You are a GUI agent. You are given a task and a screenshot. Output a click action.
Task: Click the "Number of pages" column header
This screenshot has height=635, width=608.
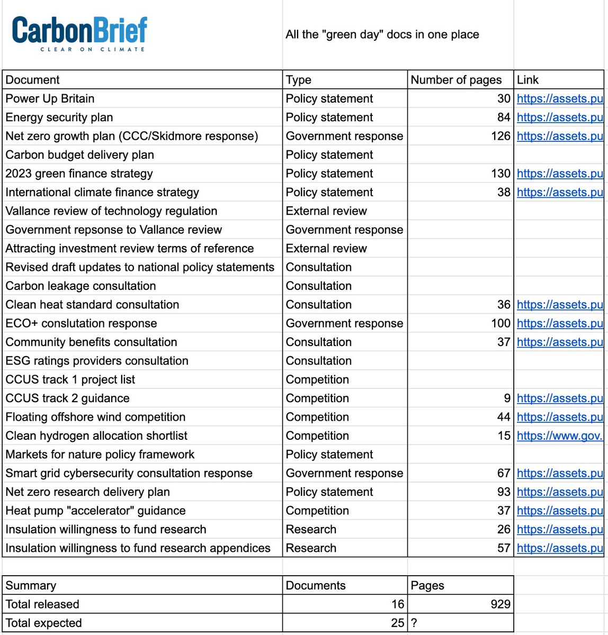pyautogui.click(x=456, y=80)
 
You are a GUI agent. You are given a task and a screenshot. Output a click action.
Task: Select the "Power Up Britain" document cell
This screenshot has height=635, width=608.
pyautogui.click(x=50, y=98)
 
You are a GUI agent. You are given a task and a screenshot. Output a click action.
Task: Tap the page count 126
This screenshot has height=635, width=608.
pyautogui.click(x=500, y=136)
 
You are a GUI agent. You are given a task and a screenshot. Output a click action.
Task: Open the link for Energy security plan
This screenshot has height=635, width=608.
pyautogui.click(x=559, y=117)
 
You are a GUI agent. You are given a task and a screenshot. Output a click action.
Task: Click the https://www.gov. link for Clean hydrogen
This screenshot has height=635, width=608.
pyautogui.click(x=559, y=436)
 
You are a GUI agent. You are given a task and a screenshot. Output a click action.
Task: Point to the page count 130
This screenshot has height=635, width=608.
pyautogui.click(x=500, y=174)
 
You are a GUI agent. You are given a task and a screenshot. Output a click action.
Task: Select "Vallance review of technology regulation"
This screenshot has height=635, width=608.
pyautogui.click(x=111, y=211)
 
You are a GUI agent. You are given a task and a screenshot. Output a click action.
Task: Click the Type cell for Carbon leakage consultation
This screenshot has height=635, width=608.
pyautogui.click(x=319, y=286)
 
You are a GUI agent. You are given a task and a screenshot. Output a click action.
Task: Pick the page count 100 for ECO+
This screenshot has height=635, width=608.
pyautogui.click(x=500, y=323)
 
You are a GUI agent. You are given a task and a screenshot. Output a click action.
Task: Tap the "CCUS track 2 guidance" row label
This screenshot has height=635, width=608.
pyautogui.click(x=67, y=398)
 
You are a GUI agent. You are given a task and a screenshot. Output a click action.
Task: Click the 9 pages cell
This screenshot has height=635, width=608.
pyautogui.click(x=507, y=398)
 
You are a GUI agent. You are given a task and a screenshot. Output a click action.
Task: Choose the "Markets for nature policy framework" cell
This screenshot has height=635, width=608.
pyautogui.click(x=100, y=455)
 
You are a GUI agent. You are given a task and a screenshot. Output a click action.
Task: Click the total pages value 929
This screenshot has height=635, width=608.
pyautogui.click(x=500, y=604)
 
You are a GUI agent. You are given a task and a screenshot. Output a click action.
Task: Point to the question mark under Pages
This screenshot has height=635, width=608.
pyautogui.click(x=414, y=623)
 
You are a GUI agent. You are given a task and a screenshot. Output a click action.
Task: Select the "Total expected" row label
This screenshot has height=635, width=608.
pyautogui.click(x=43, y=623)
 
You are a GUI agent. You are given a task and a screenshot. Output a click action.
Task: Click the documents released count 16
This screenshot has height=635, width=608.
pyautogui.click(x=398, y=604)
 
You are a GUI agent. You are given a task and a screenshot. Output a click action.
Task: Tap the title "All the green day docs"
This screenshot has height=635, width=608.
pyautogui.click(x=382, y=35)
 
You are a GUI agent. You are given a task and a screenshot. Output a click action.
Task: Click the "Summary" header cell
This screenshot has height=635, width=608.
pyautogui.click(x=31, y=586)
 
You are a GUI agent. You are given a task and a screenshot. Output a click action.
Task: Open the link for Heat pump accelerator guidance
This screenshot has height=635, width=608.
pyautogui.click(x=559, y=511)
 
